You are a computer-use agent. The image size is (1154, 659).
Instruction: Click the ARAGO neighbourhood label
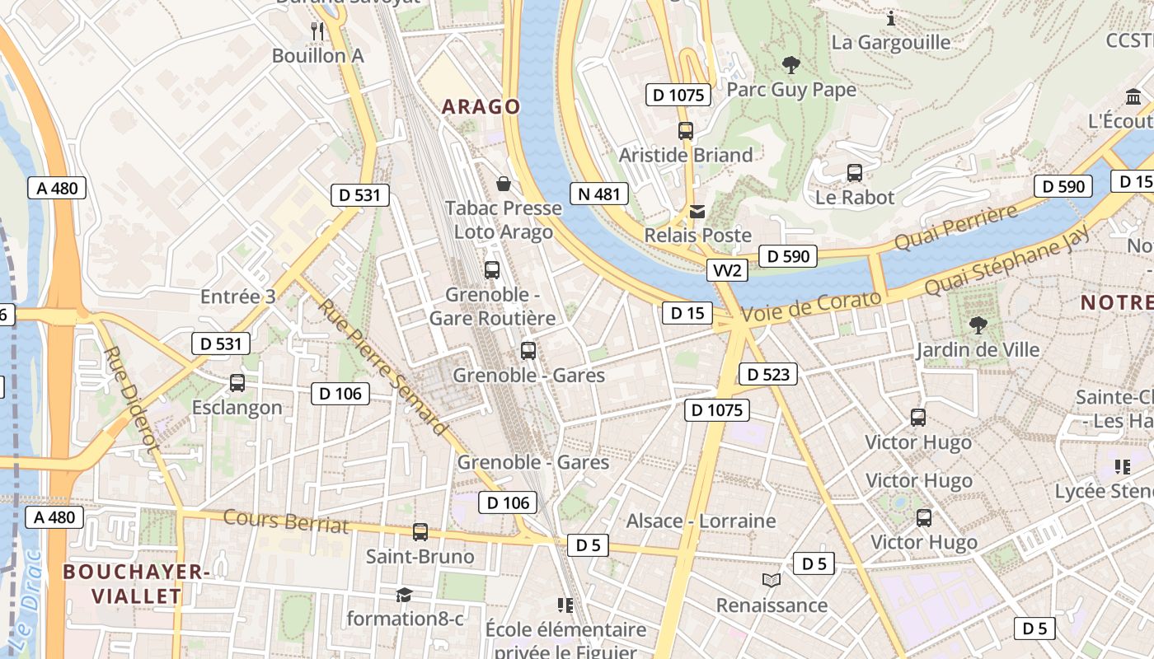(481, 106)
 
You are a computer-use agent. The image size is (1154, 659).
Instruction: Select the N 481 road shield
(599, 194)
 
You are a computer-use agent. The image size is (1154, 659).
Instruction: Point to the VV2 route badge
(728, 270)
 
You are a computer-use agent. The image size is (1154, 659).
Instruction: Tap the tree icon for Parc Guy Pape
(791, 64)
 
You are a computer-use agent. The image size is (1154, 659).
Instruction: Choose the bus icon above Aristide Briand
(686, 130)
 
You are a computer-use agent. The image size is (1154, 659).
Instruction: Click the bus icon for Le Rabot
(855, 173)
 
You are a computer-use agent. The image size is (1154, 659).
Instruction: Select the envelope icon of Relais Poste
(697, 212)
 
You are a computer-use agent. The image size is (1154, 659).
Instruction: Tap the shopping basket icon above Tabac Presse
(503, 184)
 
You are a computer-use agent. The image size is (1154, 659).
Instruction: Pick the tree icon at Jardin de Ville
(978, 325)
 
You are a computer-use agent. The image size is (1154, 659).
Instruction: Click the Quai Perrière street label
(956, 229)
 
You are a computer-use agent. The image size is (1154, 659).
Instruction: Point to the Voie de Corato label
(812, 306)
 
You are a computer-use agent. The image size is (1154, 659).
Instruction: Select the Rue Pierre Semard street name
(382, 366)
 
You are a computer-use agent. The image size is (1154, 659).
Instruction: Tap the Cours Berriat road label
(286, 521)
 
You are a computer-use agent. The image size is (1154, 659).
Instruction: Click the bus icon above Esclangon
(237, 383)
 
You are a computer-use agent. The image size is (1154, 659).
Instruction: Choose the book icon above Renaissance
(772, 581)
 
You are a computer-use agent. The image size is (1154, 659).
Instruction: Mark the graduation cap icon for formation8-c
(404, 595)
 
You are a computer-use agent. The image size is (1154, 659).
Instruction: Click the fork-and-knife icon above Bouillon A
(318, 31)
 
